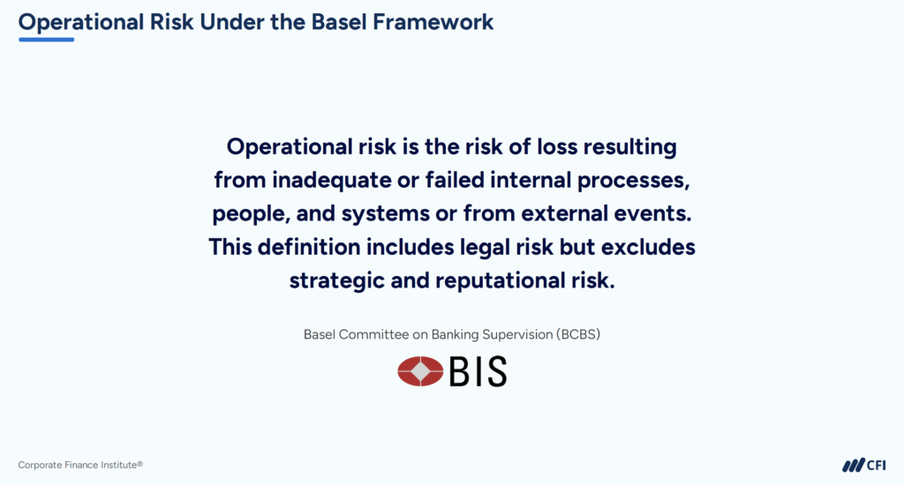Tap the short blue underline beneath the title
pyautogui.click(x=46, y=40)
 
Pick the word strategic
pyautogui.click(x=335, y=280)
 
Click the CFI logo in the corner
pyautogui.click(x=863, y=465)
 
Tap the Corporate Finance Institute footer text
pyautogui.click(x=79, y=465)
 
